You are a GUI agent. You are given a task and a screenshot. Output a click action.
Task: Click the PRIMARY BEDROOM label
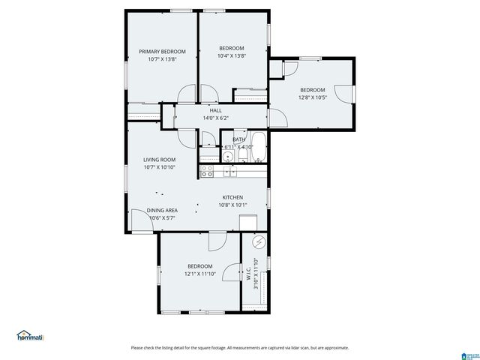[x=162, y=52]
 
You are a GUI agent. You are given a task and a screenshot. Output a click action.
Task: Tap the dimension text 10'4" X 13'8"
[x=232, y=55]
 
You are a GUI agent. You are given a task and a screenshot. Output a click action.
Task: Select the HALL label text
[x=215, y=110]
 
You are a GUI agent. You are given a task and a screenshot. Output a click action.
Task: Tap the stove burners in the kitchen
[x=208, y=172]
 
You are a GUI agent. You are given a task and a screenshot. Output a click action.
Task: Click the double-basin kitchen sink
[x=229, y=172]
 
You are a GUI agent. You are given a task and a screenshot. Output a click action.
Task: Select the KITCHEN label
[x=232, y=197]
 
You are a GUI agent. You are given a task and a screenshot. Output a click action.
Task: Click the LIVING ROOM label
[x=159, y=159]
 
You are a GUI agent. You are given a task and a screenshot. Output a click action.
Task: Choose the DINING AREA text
[x=161, y=211]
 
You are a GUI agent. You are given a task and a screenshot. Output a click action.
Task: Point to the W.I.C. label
[x=248, y=274]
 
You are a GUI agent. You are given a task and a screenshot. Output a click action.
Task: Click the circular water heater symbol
[x=259, y=243]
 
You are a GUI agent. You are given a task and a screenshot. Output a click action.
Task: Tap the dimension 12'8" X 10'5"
[x=313, y=97]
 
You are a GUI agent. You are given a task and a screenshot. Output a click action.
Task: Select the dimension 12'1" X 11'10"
[x=200, y=274]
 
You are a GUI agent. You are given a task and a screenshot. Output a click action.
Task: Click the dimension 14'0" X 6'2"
[x=215, y=118]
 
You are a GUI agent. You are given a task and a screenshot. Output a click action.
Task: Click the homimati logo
[x=30, y=336]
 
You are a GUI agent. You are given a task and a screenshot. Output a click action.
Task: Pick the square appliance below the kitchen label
[x=248, y=223]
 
